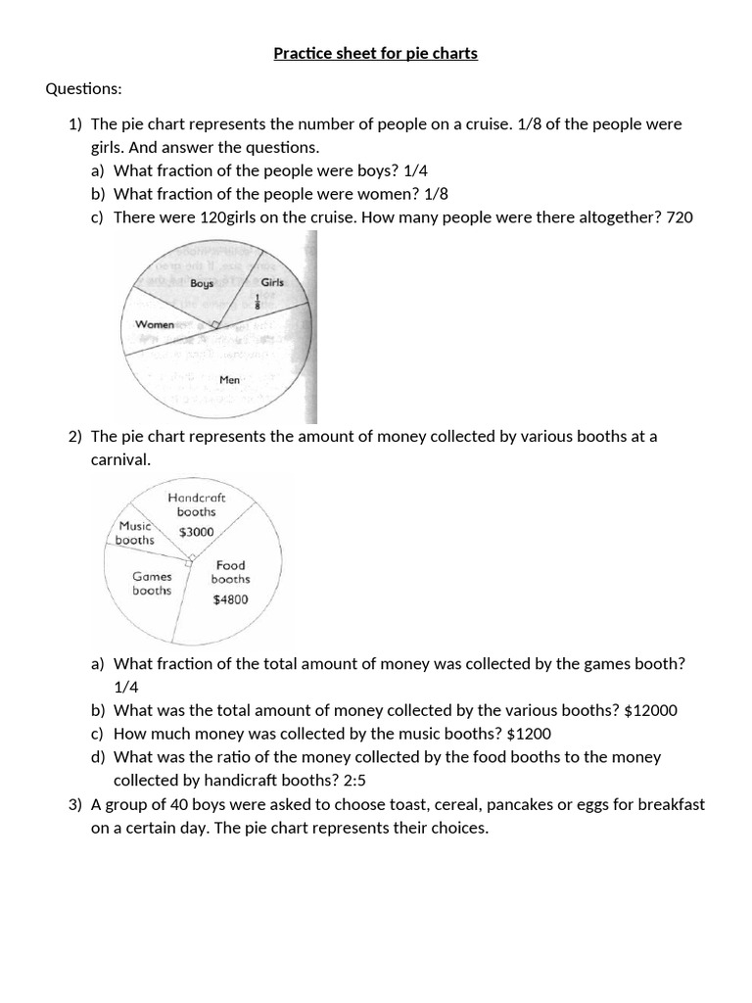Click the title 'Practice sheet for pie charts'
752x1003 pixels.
(375, 53)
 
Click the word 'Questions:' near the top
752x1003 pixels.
(83, 89)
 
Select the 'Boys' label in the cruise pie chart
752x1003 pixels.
(202, 283)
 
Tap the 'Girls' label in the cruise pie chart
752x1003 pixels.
(272, 282)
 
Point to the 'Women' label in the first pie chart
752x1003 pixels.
(155, 324)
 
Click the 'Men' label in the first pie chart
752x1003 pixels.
(230, 379)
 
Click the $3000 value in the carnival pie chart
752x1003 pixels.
(196, 532)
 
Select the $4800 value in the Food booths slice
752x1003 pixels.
(230, 599)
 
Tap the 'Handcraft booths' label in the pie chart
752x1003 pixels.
(197, 504)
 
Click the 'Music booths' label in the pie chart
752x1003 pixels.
(135, 533)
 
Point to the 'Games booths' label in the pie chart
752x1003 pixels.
(152, 584)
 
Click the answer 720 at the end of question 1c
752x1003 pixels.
(679, 217)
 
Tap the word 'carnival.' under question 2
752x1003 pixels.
(120, 459)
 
